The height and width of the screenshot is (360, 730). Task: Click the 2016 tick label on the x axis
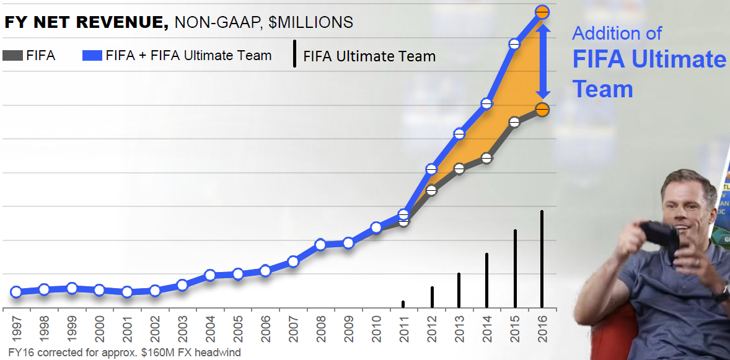[x=542, y=328]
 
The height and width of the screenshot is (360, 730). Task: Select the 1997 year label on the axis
[x=17, y=328]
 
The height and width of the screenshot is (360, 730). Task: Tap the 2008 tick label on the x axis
[x=320, y=328]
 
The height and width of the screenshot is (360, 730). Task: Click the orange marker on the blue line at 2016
[x=542, y=12]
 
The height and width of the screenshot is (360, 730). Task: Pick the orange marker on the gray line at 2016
[x=542, y=110]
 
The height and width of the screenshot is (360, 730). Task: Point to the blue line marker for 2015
[x=514, y=44]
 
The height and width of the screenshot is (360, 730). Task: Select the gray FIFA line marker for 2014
[x=486, y=158]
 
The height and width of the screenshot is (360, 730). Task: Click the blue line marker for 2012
[x=432, y=169]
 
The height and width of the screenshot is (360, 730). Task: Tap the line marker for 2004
[x=210, y=275]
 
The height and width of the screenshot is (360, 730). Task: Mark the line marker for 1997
[x=17, y=292]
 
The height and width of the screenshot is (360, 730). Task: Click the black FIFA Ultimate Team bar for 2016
[x=542, y=259]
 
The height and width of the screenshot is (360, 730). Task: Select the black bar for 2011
[x=403, y=304]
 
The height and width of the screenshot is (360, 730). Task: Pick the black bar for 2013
[x=459, y=290]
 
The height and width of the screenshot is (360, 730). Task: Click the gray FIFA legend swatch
[x=12, y=56]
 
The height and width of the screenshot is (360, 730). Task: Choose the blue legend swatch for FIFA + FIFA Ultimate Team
[x=91, y=56]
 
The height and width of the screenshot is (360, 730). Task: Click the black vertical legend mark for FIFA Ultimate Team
[x=293, y=55]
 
